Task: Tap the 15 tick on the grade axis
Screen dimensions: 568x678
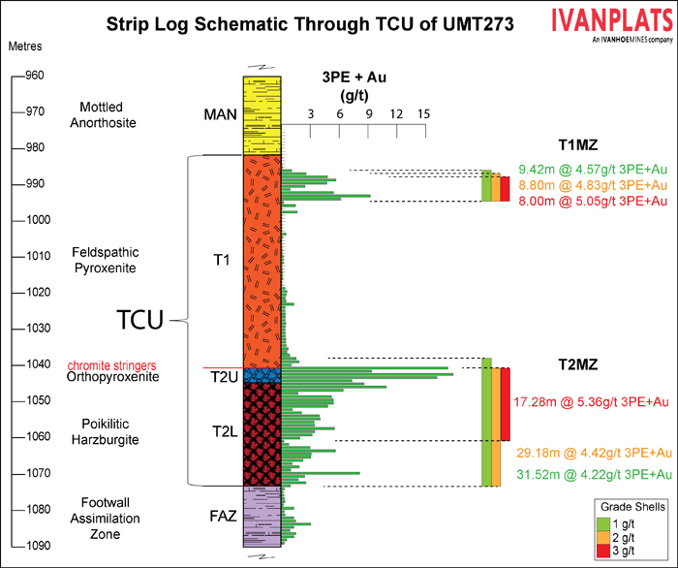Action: tap(423, 114)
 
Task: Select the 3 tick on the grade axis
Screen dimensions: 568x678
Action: tap(310, 114)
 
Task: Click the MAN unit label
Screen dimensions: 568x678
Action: tap(220, 114)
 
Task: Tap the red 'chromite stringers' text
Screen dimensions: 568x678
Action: tap(112, 364)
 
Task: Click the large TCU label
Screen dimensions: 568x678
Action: tap(139, 319)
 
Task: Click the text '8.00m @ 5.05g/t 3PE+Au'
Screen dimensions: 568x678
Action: tap(593, 201)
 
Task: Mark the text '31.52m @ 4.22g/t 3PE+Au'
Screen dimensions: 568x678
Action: tap(593, 474)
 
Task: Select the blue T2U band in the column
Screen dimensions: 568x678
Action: tap(262, 375)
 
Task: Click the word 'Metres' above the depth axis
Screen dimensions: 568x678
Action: tap(23, 46)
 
